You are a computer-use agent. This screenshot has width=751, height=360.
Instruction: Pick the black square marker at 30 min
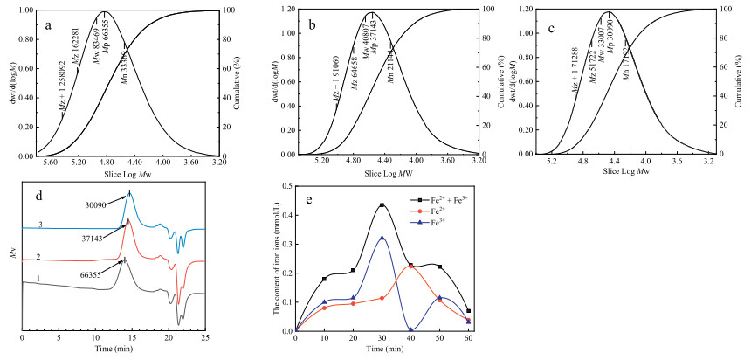coord(382,205)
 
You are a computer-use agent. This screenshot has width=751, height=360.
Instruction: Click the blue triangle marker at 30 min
coord(382,238)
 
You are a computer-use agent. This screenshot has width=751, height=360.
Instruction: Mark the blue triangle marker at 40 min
coord(410,330)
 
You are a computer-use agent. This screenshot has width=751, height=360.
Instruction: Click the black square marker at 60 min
coord(468,311)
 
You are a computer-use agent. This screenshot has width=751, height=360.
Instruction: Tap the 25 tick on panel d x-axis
coord(204,337)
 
